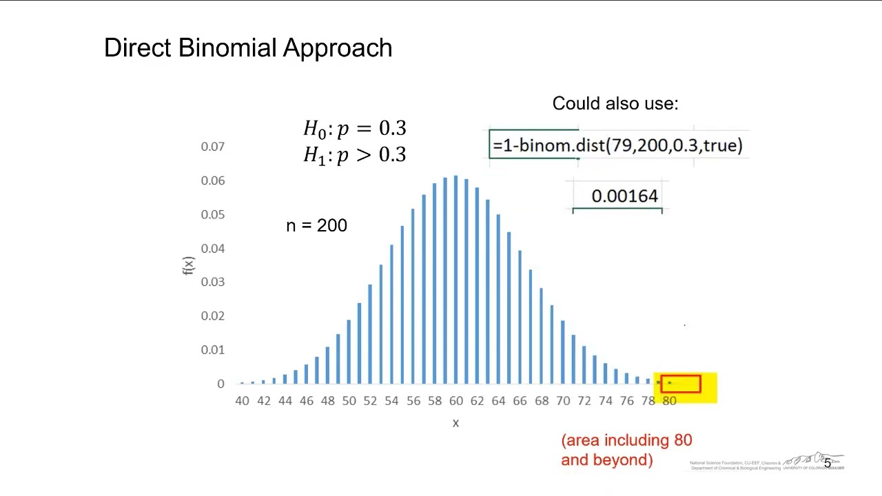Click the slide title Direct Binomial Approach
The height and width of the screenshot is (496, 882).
[x=248, y=48]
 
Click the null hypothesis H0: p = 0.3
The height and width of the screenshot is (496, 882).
[x=354, y=129]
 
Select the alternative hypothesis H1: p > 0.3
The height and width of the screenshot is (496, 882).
[x=354, y=155]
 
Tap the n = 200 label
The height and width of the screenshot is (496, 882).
[x=316, y=226]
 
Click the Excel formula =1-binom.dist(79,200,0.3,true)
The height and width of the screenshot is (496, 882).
[x=617, y=145]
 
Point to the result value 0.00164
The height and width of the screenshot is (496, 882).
[x=624, y=196]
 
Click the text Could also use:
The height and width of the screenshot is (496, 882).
[x=615, y=103]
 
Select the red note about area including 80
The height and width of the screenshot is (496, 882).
[x=626, y=450]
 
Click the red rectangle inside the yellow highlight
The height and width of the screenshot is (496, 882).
[x=681, y=384]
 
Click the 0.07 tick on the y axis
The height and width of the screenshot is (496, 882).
[x=212, y=147]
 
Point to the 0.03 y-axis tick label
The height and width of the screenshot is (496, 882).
[x=212, y=282]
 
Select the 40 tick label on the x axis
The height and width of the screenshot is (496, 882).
[x=242, y=401]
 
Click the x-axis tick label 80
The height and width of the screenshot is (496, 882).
[x=669, y=401]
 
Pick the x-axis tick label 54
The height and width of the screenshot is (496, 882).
[x=391, y=401]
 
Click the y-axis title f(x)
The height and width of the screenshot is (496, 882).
[x=188, y=266]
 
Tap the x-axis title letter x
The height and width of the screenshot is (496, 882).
[x=455, y=423]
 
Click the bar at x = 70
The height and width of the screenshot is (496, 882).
[x=563, y=351]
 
